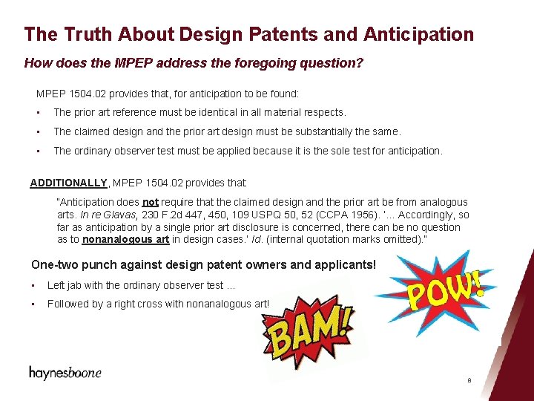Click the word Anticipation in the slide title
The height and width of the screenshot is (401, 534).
point(418,34)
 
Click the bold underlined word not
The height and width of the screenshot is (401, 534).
point(151,202)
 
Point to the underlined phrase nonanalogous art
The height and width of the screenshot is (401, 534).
point(125,240)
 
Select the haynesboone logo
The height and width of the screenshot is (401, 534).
point(65,373)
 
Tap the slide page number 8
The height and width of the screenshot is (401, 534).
point(469,380)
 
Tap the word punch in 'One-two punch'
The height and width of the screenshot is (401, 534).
point(98,265)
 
